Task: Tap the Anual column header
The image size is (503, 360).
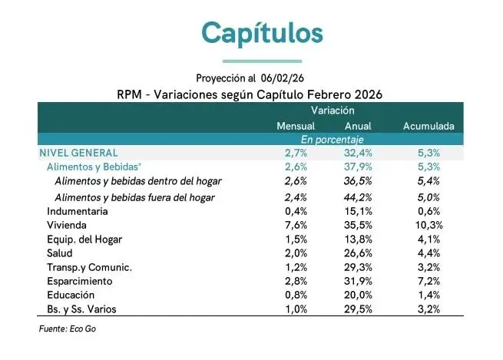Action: click(359, 125)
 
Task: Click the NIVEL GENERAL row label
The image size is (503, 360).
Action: click(78, 153)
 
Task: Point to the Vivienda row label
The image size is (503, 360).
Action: click(67, 226)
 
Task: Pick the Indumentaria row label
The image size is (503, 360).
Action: click(78, 211)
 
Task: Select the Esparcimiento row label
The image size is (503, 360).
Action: click(80, 282)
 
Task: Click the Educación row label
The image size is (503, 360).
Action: click(72, 296)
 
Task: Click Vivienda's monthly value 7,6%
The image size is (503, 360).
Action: click(296, 226)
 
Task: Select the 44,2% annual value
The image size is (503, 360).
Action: click(359, 197)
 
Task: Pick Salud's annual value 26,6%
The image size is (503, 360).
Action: click(359, 253)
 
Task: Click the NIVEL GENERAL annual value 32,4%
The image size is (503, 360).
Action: click(359, 153)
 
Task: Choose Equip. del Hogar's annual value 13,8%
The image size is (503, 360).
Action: click(359, 239)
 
